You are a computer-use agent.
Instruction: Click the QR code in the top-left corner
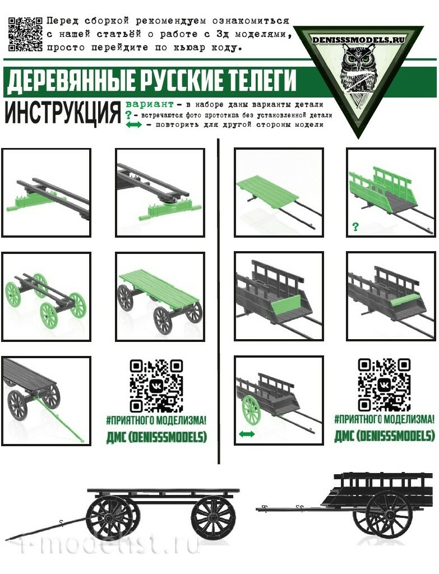coord(25,34)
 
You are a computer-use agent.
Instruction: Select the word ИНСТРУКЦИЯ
coord(63,112)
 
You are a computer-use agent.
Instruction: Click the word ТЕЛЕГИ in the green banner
coord(260,80)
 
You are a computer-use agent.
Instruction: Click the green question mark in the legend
coord(128,115)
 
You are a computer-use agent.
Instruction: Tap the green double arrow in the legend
coord(133,125)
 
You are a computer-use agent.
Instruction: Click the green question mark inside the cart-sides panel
coord(355,227)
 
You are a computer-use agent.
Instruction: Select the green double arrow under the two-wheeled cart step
coord(247,434)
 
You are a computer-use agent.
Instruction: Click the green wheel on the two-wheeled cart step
coord(251,410)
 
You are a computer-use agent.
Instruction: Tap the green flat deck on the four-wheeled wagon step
coord(160,288)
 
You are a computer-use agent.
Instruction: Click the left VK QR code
coord(156,386)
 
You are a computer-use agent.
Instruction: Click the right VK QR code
coord(384,385)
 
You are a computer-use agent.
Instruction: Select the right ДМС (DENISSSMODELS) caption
coord(385,436)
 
